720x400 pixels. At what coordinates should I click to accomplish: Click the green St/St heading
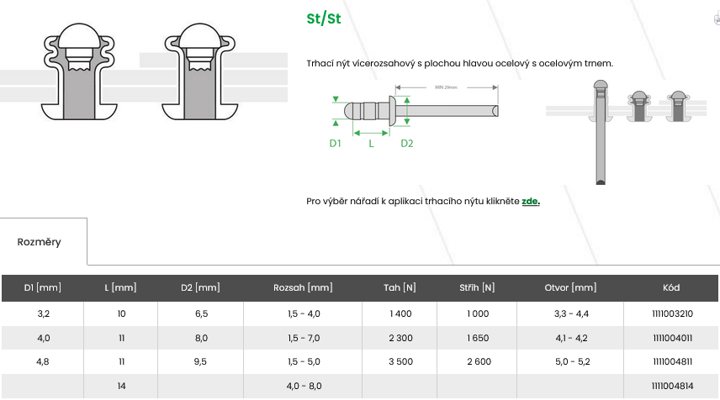pos(324,18)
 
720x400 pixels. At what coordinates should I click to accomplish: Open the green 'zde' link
pos(530,201)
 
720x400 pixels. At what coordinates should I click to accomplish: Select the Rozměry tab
pos(39,242)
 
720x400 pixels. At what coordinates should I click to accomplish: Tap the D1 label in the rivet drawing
pos(336,143)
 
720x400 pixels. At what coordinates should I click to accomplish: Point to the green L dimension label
pos(371,143)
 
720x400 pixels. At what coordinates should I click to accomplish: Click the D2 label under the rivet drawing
pos(407,143)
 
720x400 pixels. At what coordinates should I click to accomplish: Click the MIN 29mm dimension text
pos(446,87)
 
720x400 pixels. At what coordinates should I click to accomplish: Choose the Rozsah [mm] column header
pos(303,287)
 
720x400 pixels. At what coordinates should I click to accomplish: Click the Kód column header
pos(671,287)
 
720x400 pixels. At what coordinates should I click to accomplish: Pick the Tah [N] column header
pos(400,287)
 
